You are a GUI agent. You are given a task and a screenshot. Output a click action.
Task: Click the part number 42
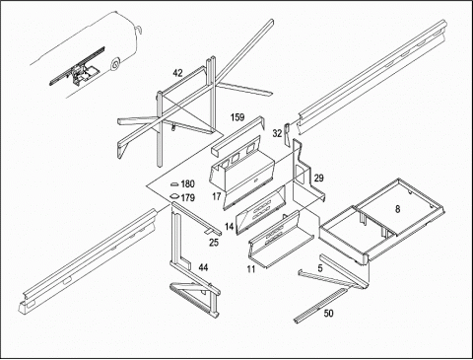pos(177,73)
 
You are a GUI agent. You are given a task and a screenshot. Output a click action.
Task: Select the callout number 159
pos(237,117)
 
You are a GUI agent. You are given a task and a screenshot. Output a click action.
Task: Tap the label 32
pos(277,133)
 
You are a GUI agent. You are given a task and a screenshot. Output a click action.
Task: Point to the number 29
pos(318,178)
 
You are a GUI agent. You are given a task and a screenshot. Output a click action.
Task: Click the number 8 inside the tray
pos(397,209)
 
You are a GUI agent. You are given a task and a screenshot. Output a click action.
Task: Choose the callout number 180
pos(187,183)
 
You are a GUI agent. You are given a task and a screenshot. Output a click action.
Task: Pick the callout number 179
pos(187,197)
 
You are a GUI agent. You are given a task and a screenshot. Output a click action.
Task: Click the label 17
pos(217,196)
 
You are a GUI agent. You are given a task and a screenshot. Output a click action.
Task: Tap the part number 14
pos(230,226)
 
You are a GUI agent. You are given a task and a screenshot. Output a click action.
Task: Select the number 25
pos(214,243)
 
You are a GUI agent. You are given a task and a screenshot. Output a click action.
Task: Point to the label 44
pos(203,267)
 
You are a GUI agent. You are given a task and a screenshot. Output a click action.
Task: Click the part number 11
pos(251,269)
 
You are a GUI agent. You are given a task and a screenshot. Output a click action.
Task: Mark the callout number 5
pos(320,268)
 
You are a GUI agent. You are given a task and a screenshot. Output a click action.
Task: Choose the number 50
pos(328,313)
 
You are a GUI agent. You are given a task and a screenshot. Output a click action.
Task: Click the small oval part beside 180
pos(174,183)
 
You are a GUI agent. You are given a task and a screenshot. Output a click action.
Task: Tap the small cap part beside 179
pos(174,196)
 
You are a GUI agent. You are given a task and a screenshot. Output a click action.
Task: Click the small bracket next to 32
pos(286,134)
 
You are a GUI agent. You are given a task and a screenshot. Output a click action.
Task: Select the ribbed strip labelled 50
pos(320,305)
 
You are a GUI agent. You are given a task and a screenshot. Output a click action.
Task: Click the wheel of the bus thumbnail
pos(115,65)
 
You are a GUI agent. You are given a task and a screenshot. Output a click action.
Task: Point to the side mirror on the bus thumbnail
pos(138,30)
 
